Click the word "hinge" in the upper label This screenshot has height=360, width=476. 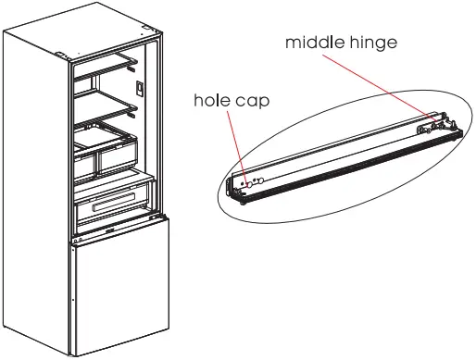tap(374, 43)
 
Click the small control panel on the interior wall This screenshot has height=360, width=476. tap(140, 90)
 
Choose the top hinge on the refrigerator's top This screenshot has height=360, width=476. tap(61, 54)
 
